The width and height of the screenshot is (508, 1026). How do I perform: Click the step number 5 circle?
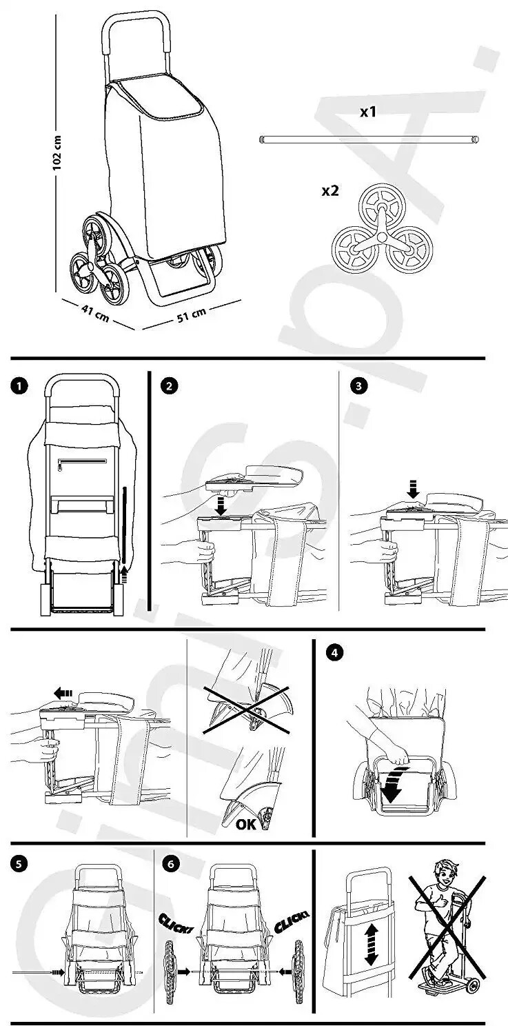(x=17, y=862)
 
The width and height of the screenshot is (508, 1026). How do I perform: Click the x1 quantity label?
(x=368, y=111)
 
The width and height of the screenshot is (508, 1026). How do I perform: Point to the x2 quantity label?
(x=330, y=190)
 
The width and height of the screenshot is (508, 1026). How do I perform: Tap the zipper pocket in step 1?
(x=81, y=460)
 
